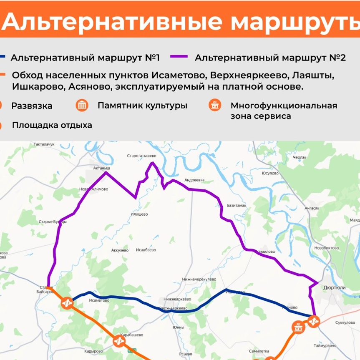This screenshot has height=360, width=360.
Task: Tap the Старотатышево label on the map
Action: pyautogui.click(x=141, y=156)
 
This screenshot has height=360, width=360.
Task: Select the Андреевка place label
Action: pyautogui.click(x=194, y=180)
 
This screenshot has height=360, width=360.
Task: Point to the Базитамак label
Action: pyautogui.click(x=237, y=206)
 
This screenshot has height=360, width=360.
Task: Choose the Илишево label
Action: pyautogui.click(x=139, y=214)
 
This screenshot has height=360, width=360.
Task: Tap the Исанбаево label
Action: pyautogui.click(x=146, y=250)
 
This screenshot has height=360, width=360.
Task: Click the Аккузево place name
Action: pyautogui.click(x=120, y=250)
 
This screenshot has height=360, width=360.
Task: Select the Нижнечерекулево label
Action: pyautogui.click(x=199, y=279)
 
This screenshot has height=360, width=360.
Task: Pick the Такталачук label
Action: pyautogui.click(x=44, y=144)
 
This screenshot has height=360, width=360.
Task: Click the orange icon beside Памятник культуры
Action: pyautogui.click(x=82, y=106)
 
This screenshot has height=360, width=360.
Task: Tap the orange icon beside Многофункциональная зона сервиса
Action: pyautogui.click(x=214, y=106)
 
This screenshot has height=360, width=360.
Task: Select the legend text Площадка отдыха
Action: pyautogui.click(x=52, y=125)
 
